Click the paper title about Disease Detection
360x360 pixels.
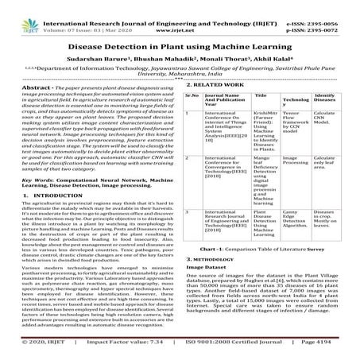coord(180,45)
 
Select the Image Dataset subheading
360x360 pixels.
coord(210,315)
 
